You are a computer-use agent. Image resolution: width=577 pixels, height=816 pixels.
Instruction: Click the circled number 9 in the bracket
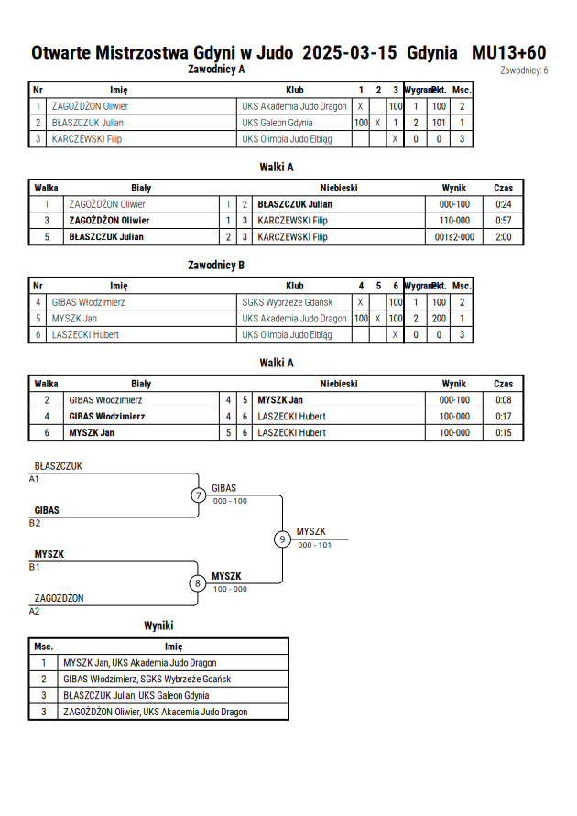point(282,539)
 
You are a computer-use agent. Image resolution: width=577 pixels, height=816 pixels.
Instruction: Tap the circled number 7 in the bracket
point(198,495)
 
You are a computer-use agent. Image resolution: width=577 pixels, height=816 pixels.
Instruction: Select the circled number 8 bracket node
point(197,583)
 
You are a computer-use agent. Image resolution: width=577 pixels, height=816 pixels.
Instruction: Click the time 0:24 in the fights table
point(503,204)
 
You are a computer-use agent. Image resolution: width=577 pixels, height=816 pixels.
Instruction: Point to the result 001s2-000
point(454,237)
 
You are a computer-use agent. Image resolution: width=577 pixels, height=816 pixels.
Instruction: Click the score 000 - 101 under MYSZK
point(314,545)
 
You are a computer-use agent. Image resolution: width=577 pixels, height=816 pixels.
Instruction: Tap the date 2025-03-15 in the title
point(349,52)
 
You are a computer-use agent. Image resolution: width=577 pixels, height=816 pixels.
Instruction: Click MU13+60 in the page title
point(509,52)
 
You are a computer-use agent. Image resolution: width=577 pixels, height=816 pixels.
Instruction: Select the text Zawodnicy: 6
point(524,71)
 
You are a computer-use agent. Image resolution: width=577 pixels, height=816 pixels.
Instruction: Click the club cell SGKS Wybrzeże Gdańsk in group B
point(288,302)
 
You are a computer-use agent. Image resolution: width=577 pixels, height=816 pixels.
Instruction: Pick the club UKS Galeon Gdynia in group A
point(278,123)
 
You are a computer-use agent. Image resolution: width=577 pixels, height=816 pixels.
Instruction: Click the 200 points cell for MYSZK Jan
point(439,319)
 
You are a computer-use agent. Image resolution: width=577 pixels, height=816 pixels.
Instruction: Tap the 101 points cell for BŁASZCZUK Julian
point(439,123)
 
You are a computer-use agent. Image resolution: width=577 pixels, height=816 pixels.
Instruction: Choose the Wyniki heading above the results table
point(158,626)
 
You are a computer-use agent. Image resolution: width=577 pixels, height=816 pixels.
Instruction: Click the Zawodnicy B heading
point(216,265)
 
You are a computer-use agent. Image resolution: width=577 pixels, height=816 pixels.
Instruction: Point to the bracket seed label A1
point(34,479)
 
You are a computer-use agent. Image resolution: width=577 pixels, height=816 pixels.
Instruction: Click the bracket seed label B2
point(34,523)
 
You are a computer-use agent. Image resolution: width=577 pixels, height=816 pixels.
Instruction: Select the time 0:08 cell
point(503,399)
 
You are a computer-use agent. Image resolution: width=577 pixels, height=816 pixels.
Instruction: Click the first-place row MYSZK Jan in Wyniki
point(140,662)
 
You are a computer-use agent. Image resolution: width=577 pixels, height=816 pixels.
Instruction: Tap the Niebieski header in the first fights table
point(339,188)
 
